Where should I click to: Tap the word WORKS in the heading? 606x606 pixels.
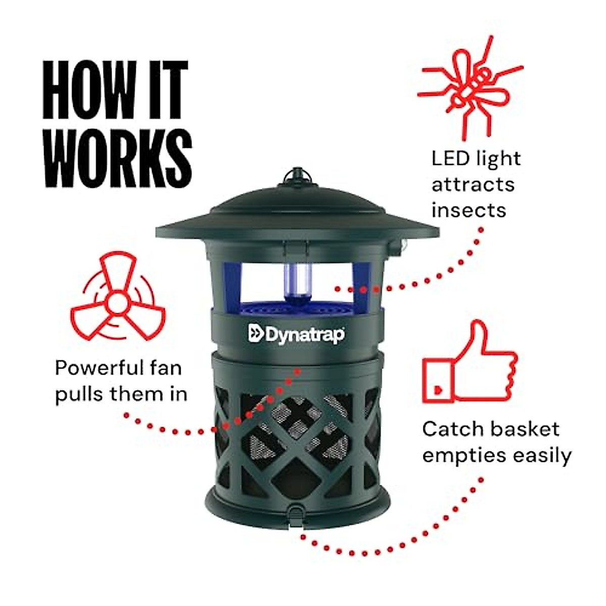(118, 158)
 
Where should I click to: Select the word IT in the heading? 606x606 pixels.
(166, 90)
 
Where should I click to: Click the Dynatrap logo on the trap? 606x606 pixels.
(297, 334)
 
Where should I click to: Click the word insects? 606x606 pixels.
(469, 210)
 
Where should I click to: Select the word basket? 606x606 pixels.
(525, 429)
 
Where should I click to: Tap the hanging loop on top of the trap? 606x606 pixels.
(297, 174)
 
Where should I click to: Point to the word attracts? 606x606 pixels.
(473, 184)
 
